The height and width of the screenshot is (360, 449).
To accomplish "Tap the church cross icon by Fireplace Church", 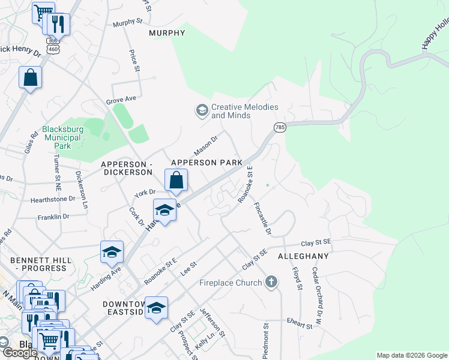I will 271,281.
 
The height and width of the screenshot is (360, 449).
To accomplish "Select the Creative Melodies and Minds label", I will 245,111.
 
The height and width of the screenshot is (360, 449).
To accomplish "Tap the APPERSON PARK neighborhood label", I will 206,163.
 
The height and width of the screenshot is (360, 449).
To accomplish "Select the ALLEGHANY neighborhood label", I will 303,256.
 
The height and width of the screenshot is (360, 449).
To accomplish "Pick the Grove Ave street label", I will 122,100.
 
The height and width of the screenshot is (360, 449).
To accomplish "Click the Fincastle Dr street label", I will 262,218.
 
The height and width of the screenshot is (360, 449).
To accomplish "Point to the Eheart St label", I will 300,324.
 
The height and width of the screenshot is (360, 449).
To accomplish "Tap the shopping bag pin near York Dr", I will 176,180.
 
